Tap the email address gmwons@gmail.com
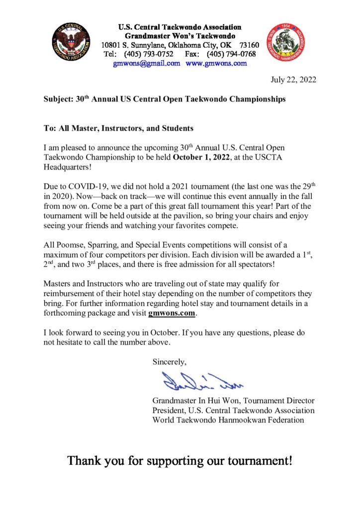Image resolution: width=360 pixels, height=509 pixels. click(x=147, y=63)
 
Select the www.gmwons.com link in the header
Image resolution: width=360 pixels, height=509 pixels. click(x=216, y=63)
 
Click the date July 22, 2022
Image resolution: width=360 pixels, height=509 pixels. click(x=293, y=80)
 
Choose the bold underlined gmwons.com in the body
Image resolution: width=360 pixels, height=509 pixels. click(x=172, y=314)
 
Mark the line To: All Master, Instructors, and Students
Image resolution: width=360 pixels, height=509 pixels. click(x=118, y=128)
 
